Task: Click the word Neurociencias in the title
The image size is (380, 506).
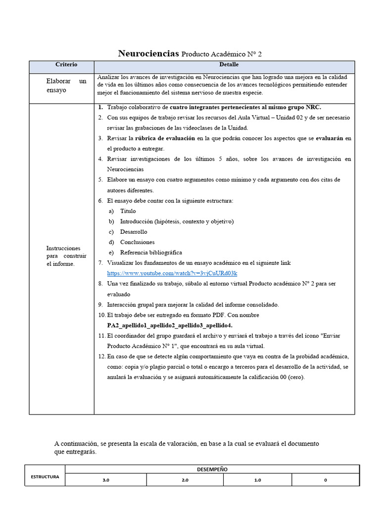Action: click(x=148, y=53)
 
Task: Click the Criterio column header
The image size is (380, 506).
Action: click(x=66, y=65)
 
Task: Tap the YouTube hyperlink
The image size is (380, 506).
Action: click(x=172, y=273)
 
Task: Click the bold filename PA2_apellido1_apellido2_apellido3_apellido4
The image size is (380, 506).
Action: click(x=170, y=325)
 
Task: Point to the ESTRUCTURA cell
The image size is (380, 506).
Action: click(x=45, y=477)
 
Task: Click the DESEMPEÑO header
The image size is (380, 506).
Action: click(x=212, y=469)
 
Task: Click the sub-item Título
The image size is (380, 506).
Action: click(x=128, y=211)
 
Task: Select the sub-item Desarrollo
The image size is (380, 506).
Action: click(x=134, y=232)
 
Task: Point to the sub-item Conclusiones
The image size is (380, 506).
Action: click(x=137, y=242)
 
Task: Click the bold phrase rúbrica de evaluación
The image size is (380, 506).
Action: click(x=165, y=138)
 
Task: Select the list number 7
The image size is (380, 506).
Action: click(x=100, y=263)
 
